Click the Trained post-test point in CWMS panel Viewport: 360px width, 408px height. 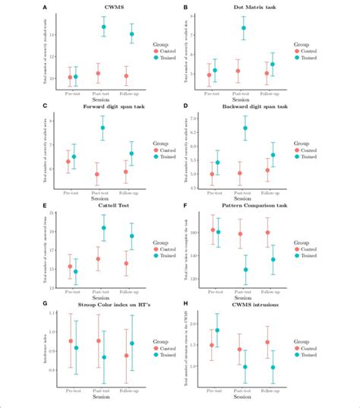point(104,27)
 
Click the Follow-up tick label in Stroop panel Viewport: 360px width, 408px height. point(131,388)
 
